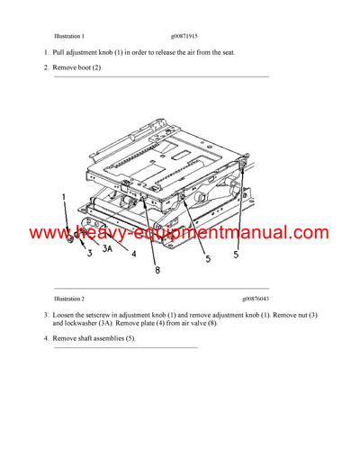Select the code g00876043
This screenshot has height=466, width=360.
[x=257, y=298]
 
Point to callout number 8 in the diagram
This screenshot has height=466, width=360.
[x=156, y=269]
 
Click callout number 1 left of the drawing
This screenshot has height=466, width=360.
[x=63, y=195]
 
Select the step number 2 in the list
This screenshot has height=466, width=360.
[x=47, y=68]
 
